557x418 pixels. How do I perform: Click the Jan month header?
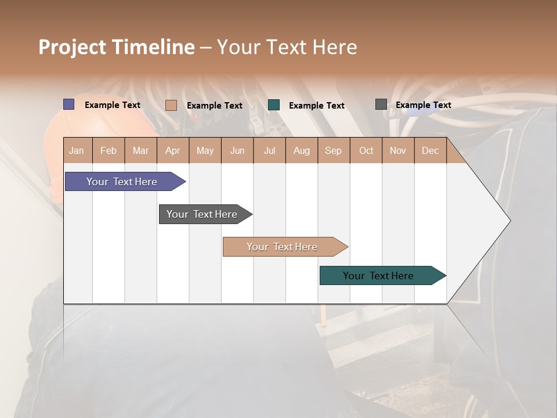pos(77,150)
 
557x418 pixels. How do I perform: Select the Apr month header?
pos(172,150)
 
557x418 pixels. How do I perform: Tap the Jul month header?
pos(269,150)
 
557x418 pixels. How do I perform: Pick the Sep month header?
pos(333,150)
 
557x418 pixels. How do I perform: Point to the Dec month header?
pos(430,150)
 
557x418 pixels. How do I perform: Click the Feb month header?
pos(108,150)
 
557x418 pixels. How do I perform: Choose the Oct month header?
pos(366,150)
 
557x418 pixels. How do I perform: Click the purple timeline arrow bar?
pos(122,182)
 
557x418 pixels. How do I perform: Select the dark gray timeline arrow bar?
pos(202,214)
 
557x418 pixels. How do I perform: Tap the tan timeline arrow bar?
pos(283,247)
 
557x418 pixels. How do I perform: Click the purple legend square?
pos(68,105)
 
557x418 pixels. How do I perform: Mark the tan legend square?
pos(171,105)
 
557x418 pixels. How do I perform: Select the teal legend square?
pos(274,105)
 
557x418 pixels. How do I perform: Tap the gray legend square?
pos(381,105)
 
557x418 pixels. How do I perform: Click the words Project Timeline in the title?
pos(117,47)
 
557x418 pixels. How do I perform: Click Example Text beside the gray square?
pos(423,105)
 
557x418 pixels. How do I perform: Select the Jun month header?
pos(237,150)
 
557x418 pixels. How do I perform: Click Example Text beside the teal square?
pos(316,106)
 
